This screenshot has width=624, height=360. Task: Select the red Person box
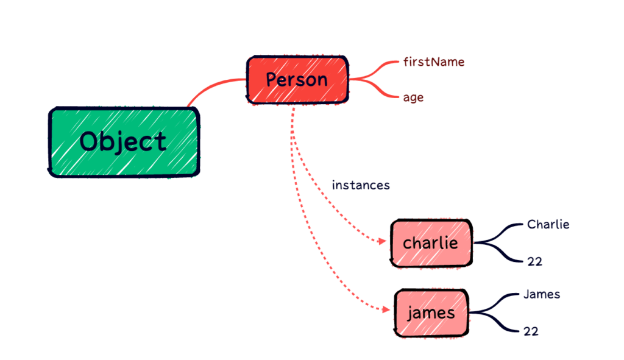[x=297, y=80]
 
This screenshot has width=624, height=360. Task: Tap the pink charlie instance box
[x=431, y=243]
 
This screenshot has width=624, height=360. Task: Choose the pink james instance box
[x=431, y=313]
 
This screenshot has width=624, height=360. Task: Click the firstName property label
[x=434, y=62]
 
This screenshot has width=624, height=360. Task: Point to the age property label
[x=413, y=97]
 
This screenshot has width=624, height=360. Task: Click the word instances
[x=360, y=185]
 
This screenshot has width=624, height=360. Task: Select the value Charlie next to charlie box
[x=548, y=225]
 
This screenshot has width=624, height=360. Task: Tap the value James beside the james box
[x=541, y=295]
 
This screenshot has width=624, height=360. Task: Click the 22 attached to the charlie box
[x=534, y=262]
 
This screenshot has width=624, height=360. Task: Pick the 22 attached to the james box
[x=531, y=332]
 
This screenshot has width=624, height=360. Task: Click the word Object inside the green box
[x=123, y=142]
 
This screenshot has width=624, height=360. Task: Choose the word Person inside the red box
[x=297, y=80]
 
